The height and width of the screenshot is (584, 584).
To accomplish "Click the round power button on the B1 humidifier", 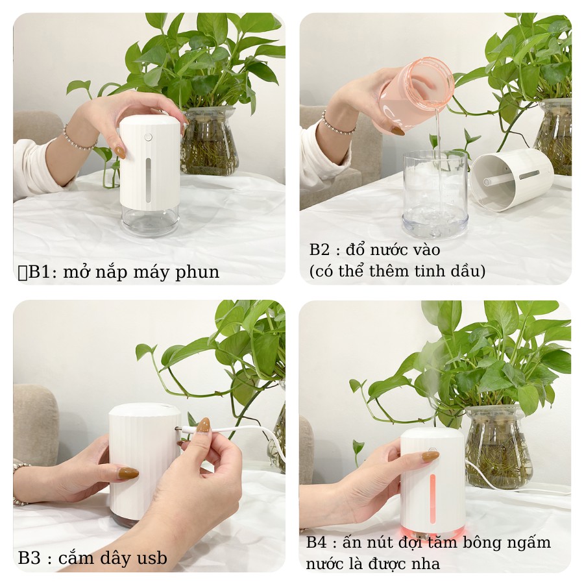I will [x=149, y=137].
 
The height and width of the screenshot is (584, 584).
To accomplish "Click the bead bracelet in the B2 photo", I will [x=337, y=124].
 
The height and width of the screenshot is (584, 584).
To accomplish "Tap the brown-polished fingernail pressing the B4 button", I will [x=430, y=457].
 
